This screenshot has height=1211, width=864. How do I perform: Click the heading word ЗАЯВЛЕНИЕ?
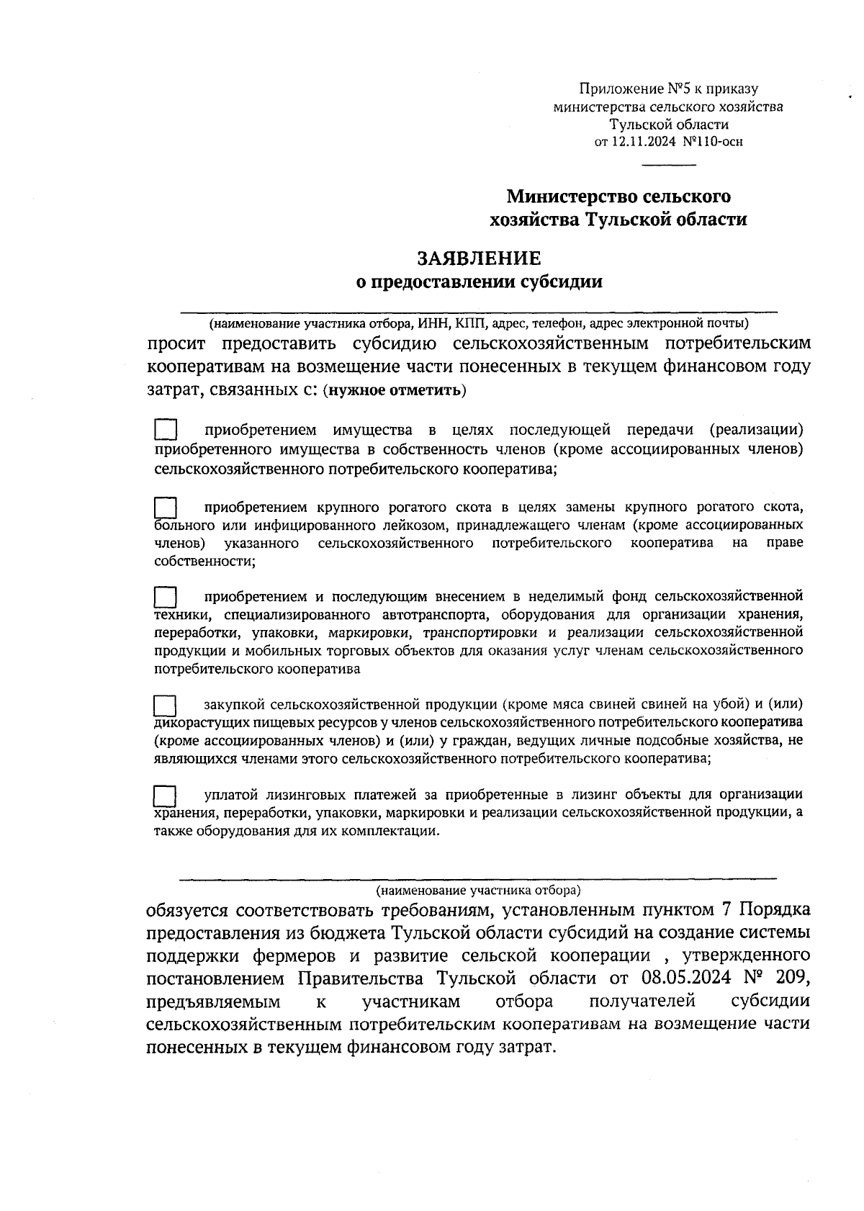tap(480, 258)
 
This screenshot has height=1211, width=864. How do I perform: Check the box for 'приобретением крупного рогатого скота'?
tap(166, 507)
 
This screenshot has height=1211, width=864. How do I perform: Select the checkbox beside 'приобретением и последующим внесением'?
tap(166, 598)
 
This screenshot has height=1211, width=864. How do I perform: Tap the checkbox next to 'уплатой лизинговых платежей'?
tap(166, 796)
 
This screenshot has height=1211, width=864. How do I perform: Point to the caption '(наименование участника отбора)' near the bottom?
tap(478, 890)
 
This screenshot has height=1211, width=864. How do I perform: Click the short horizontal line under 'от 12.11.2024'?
tap(669, 166)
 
